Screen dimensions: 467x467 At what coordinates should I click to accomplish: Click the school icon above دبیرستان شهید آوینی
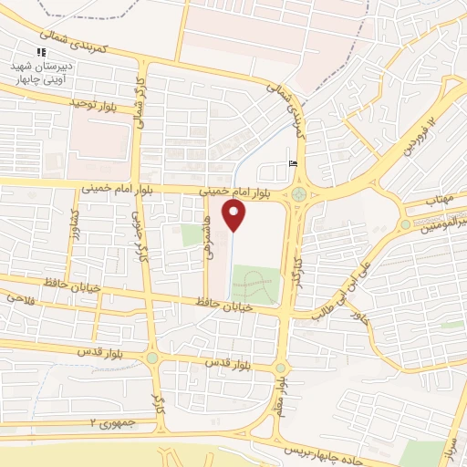click(x=39, y=52)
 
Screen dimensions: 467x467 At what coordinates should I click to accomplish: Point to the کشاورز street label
click(x=75, y=223)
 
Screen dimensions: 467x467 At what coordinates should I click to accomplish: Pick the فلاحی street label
click(x=19, y=296)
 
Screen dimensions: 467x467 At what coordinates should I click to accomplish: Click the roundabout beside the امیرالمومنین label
click(x=405, y=224)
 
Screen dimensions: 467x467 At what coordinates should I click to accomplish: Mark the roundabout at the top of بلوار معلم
click(x=280, y=368)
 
